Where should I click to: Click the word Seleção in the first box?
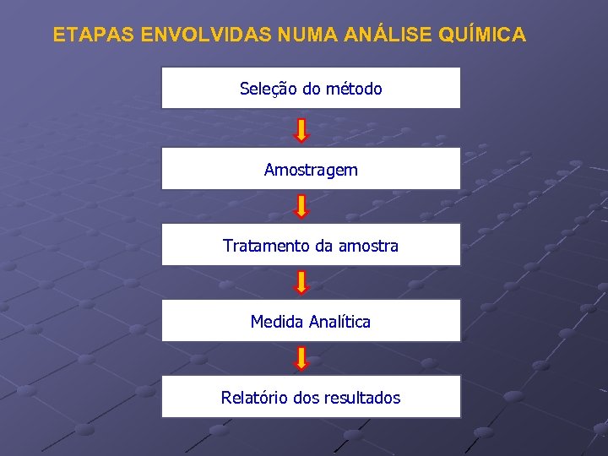265,89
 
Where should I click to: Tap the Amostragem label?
311,170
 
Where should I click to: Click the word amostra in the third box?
368,246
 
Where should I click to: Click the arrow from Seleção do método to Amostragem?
302,129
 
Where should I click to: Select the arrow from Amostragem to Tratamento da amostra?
302,207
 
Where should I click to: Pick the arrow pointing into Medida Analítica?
302,282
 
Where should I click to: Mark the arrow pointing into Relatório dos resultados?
302,358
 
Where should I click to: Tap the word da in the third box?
323,246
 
